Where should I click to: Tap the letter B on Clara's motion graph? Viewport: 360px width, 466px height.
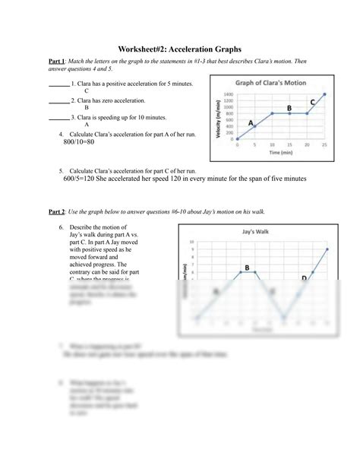(289, 109)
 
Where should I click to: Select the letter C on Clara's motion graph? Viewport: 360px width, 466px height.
(313, 101)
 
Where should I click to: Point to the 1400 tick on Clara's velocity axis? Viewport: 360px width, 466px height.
(229, 95)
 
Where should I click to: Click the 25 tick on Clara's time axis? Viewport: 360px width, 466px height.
(324, 144)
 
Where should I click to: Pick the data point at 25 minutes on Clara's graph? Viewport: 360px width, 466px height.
(324, 94)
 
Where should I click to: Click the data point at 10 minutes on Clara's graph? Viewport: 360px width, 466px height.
(272, 113)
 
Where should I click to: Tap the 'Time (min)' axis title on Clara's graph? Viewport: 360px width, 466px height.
(281, 152)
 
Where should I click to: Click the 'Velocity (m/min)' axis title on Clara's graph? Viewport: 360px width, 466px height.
(219, 118)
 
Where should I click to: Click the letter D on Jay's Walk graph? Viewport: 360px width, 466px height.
(304, 279)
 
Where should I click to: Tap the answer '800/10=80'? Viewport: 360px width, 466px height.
(79, 142)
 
